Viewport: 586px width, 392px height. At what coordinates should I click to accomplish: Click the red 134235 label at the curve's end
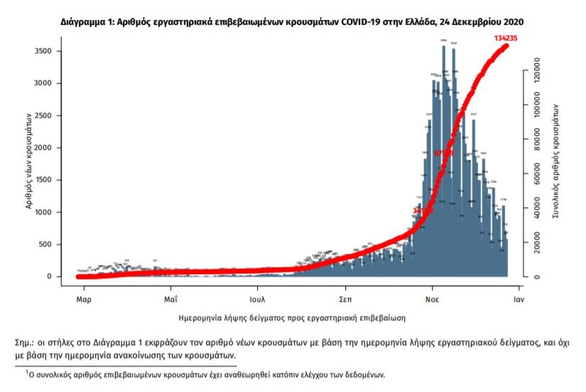[x=507, y=38]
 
